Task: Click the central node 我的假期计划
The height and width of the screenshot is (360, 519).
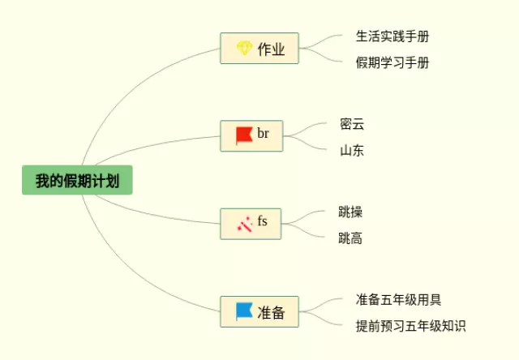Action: coord(77,180)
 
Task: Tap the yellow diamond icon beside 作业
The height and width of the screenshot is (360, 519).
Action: coord(244,49)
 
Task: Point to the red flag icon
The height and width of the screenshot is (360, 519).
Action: coord(243,135)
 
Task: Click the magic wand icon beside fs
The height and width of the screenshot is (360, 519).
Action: coord(243,224)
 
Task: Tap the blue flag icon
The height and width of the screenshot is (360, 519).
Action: coord(243,311)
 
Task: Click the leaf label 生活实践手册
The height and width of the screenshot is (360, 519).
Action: coord(392,36)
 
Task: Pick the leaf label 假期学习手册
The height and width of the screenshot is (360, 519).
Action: coord(392,62)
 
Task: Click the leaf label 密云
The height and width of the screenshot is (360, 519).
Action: coord(352,124)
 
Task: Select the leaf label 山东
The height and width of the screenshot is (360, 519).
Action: coord(352,150)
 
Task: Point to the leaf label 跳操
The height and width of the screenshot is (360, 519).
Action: coord(350,212)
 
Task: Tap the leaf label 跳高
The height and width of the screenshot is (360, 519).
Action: coord(350,238)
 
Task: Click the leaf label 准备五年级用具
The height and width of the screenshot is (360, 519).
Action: coord(398,300)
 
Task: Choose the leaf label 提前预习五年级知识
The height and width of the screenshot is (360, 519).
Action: coord(410,326)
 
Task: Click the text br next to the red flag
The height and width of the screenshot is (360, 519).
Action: coord(264,134)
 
